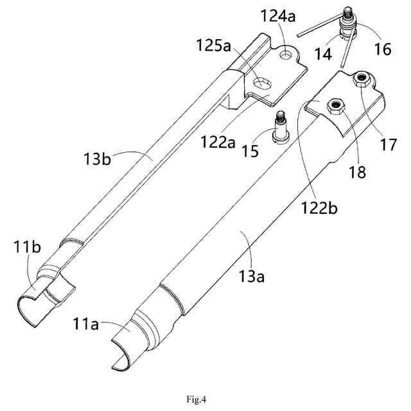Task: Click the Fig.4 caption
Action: pos(205,383)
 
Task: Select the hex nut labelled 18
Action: pos(335,105)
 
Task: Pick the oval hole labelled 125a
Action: pos(262,83)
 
